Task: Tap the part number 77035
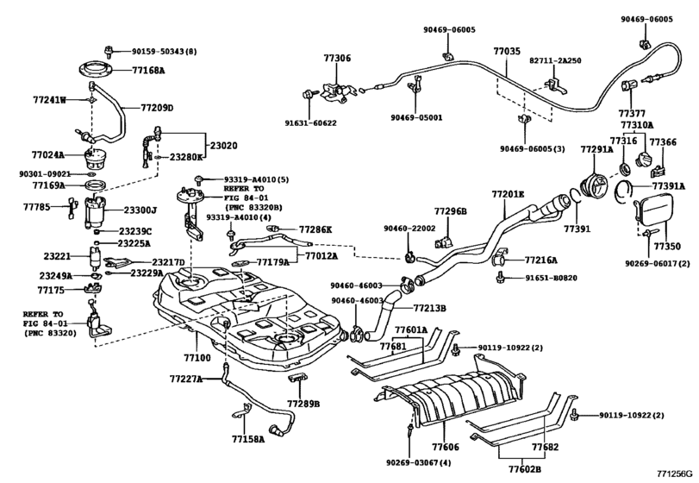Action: (507, 52)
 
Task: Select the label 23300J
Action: (140, 210)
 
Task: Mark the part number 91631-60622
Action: (311, 123)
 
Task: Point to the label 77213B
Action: (429, 307)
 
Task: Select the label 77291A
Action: (596, 149)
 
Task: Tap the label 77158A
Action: (249, 439)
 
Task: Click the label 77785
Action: (37, 207)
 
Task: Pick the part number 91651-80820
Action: (550, 279)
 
